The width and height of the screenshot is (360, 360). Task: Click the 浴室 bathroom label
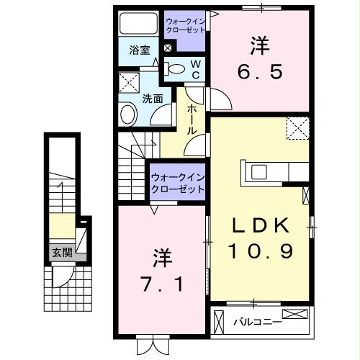tap(139, 50)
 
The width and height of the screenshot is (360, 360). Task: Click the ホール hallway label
tap(193, 120)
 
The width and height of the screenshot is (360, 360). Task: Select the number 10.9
tap(260, 251)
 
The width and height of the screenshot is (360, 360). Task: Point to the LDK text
tap(260, 226)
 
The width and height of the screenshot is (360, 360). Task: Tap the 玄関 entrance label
tap(61, 253)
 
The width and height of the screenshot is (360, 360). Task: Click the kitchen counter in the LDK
tap(277, 173)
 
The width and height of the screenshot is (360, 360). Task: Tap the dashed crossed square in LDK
tap(297, 127)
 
